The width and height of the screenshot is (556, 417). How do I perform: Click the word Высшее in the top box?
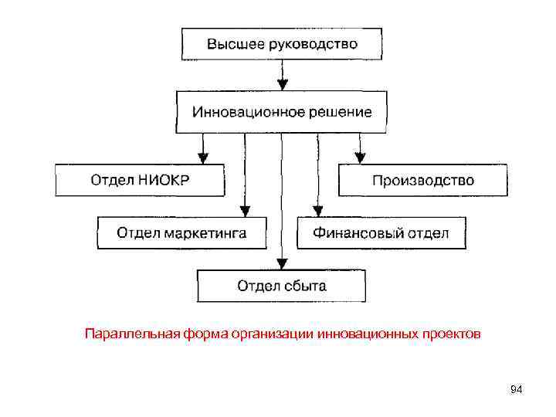coord(236,44)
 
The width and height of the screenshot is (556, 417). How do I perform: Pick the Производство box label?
coord(423,181)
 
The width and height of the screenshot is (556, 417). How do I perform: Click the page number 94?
coord(517,391)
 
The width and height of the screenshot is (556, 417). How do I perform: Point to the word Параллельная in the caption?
coord(132,334)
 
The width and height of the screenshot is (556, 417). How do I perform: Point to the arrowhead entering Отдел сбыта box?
coord(282,263)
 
